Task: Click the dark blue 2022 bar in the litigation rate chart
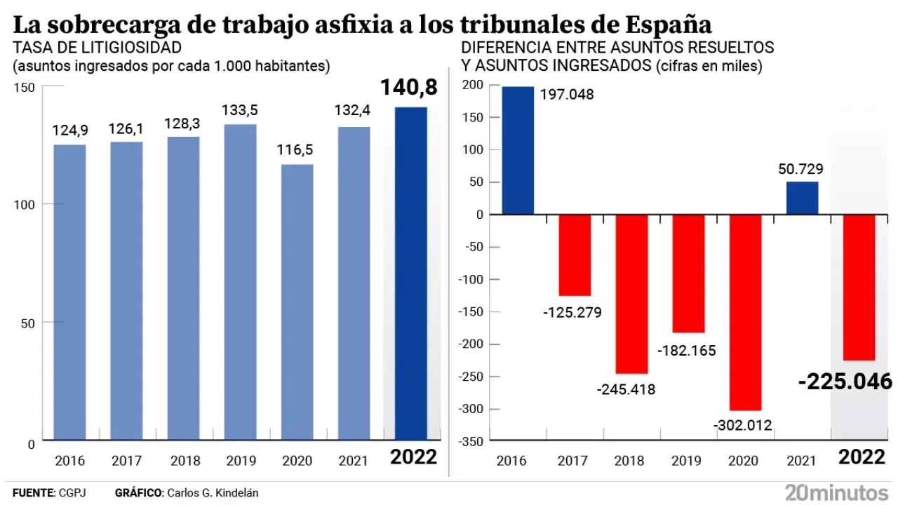[x=410, y=274]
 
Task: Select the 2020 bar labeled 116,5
[x=297, y=302]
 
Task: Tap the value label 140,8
[x=409, y=87]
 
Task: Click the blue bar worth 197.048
[x=518, y=150]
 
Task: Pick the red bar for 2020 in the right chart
[x=745, y=312]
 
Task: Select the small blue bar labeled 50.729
[x=802, y=198]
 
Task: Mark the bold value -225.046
[x=845, y=382]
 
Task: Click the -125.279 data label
[x=572, y=312]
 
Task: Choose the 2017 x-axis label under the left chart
[x=126, y=461]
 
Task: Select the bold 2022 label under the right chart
[x=862, y=457]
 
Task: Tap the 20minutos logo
[x=838, y=492]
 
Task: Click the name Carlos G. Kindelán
[x=213, y=493]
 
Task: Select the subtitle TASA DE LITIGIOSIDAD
[x=97, y=48]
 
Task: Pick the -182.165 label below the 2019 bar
[x=688, y=350]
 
